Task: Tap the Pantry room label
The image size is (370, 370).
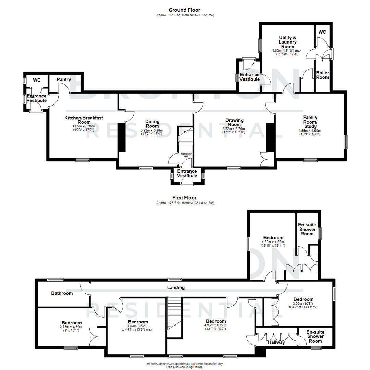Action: pos(64,80)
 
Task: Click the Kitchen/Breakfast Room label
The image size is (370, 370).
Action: pos(84,120)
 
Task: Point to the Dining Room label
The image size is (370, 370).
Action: pos(152,124)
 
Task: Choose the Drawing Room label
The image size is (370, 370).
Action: pos(234,122)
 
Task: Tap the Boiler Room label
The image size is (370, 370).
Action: pos(322,75)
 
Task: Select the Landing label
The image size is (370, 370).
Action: pos(176,288)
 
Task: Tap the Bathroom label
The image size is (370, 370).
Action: pos(62,293)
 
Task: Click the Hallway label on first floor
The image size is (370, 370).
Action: pos(276,342)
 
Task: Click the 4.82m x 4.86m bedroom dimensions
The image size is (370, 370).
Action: pos(273,244)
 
